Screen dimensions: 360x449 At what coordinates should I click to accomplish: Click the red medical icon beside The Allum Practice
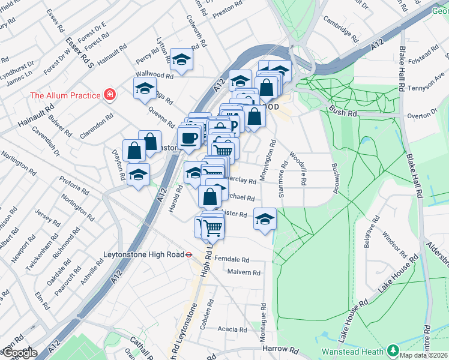109,95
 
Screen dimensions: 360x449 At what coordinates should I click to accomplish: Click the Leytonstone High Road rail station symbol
188,254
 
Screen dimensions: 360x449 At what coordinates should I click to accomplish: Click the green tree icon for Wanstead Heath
393,349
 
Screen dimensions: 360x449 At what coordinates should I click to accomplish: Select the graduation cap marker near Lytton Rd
180,59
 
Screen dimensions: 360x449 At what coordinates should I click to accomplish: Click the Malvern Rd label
244,272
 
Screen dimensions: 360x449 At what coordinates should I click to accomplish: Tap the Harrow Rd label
280,349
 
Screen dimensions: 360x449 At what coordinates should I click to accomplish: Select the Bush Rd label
342,111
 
